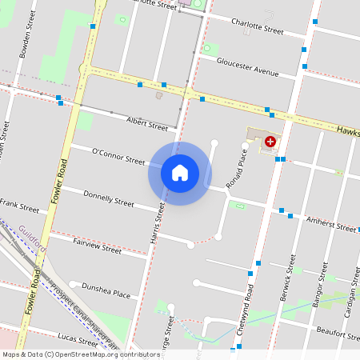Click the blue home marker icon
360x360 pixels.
[x=180, y=173]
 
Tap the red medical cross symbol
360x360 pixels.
[x=270, y=141]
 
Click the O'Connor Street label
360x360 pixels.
[x=118, y=156]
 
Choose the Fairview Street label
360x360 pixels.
[x=97, y=245]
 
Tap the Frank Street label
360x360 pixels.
[x=19, y=208]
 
